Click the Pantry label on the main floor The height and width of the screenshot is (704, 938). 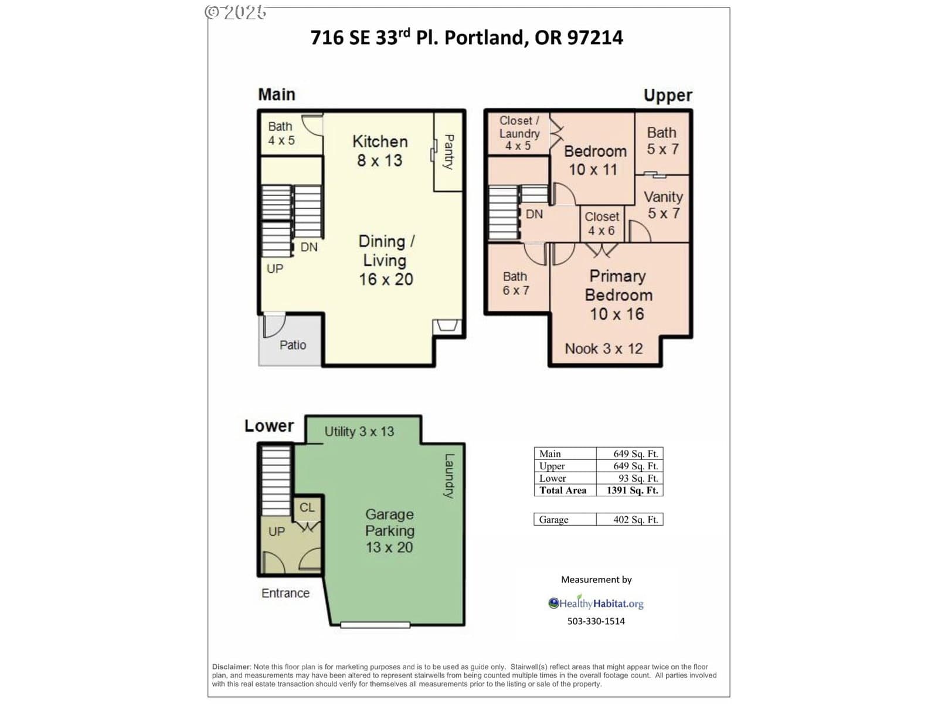click(x=448, y=152)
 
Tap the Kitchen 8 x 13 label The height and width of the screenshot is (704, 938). click(x=380, y=151)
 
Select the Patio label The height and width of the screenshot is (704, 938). click(x=293, y=345)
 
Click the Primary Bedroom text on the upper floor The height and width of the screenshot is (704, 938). click(x=618, y=286)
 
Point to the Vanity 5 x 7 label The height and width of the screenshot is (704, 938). click(x=663, y=205)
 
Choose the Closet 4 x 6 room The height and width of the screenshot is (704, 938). click(x=601, y=223)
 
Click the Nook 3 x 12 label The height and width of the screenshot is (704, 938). click(x=603, y=349)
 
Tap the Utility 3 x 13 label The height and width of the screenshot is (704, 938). click(x=359, y=432)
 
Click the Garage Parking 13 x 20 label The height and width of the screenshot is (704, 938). click(x=389, y=531)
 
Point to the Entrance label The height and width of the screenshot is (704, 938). click(x=286, y=593)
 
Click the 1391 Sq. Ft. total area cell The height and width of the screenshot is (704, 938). click(x=632, y=490)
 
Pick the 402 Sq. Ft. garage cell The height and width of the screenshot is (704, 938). click(x=635, y=519)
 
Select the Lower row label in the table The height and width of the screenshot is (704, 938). click(x=553, y=478)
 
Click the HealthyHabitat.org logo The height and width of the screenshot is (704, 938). click(x=596, y=603)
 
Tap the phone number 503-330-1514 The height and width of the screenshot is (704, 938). click(x=596, y=621)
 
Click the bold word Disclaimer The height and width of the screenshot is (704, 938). click(x=231, y=667)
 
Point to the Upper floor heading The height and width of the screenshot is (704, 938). click(x=668, y=95)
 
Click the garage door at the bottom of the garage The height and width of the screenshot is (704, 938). click(x=375, y=625)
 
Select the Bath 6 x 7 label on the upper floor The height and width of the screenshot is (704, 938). click(x=515, y=283)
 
